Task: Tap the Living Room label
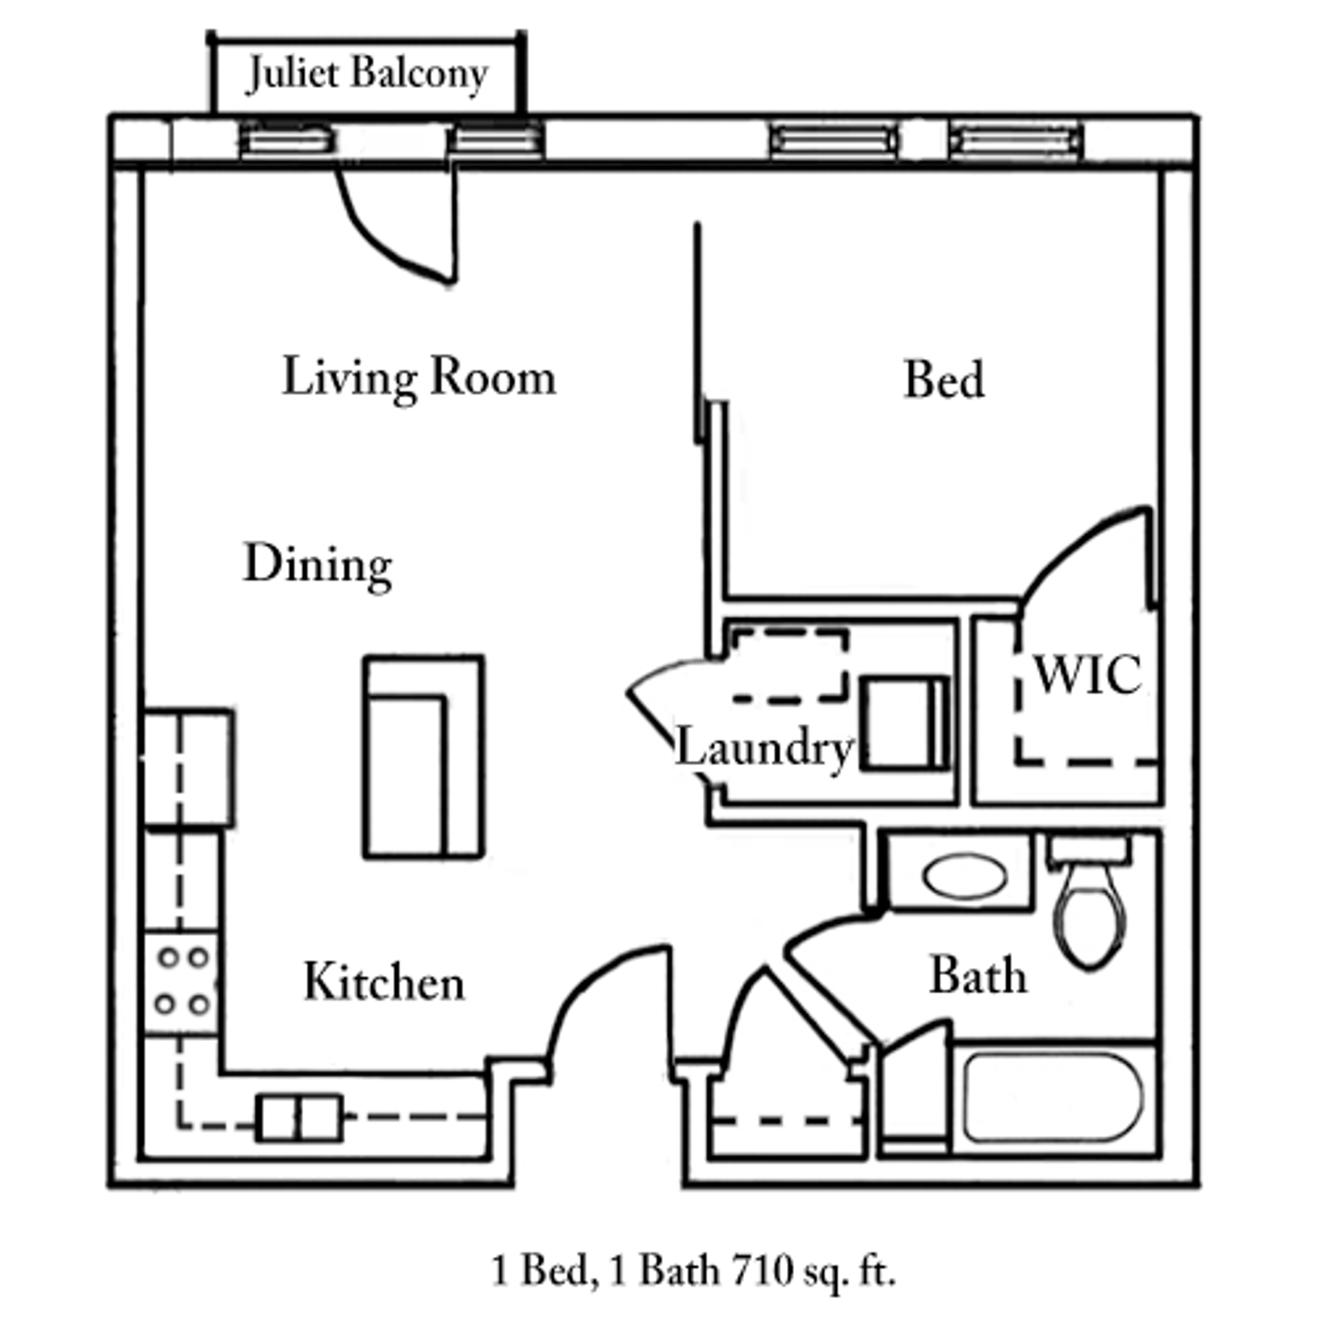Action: (419, 378)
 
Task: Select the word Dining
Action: (318, 564)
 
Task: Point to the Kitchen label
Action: (384, 982)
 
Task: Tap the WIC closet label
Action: (1087, 675)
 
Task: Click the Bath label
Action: (978, 976)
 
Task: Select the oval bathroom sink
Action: (964, 876)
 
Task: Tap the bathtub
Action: (1053, 1098)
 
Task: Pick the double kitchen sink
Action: (299, 1118)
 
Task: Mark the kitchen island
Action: (423, 757)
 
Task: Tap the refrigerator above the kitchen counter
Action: (188, 767)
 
